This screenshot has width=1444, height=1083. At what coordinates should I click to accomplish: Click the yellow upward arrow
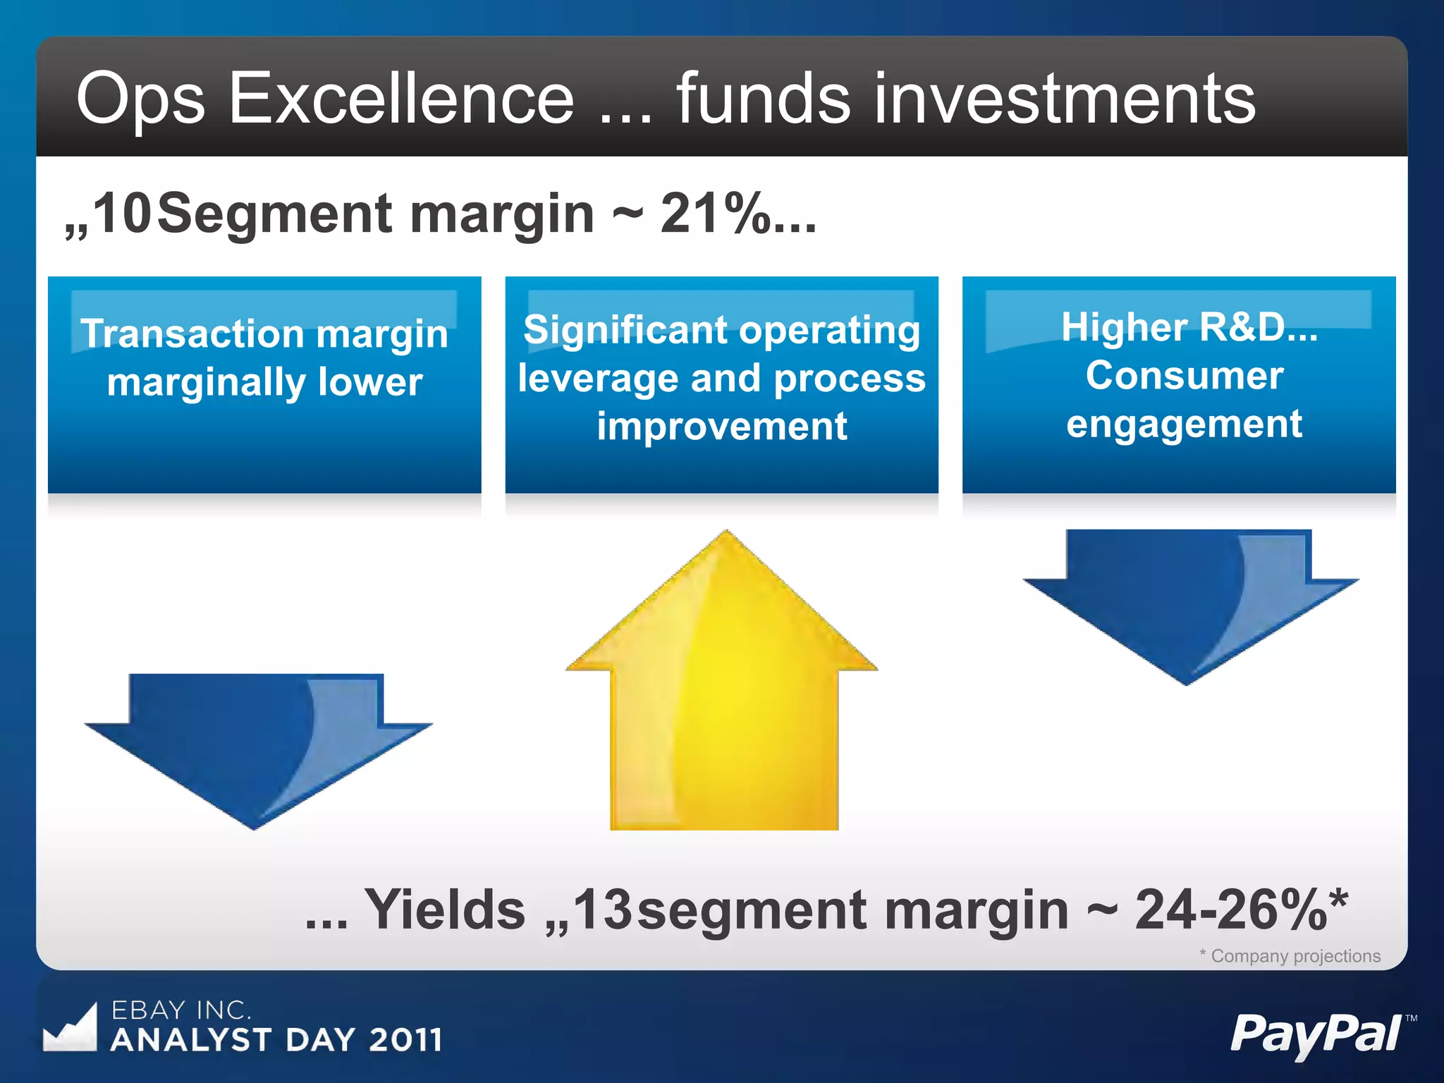pos(723,698)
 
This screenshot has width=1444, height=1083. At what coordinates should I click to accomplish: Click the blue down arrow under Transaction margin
pos(257,747)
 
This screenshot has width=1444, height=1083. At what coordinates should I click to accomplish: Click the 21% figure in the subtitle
pos(714,214)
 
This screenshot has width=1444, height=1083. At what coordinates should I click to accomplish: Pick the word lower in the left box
pos(369,381)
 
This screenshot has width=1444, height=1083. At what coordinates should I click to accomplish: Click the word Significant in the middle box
pos(625,330)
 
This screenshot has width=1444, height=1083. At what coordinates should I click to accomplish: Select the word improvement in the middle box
pos(721,426)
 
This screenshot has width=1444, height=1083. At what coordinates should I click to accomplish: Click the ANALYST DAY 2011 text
pos(276,1039)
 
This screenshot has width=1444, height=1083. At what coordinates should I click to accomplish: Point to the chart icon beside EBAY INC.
pos(70,1028)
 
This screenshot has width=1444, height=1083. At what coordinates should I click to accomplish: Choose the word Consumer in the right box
pos(1184,375)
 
